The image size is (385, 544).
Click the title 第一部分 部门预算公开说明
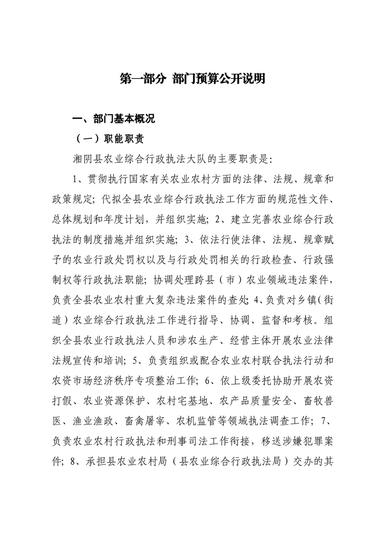tap(192, 79)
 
